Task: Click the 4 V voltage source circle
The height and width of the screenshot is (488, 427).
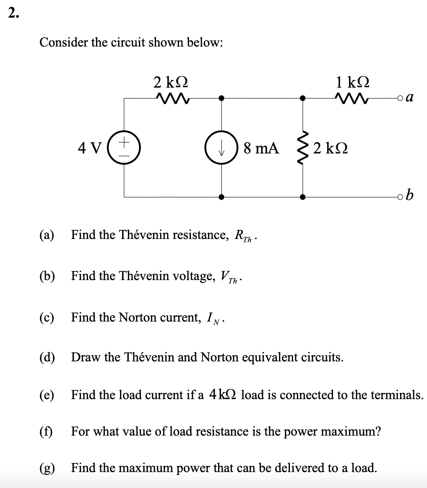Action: tap(125, 148)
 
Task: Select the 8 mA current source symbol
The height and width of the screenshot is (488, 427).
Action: tap(221, 148)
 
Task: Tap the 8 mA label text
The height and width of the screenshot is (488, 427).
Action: tap(260, 148)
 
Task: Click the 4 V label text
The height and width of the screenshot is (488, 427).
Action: tap(89, 148)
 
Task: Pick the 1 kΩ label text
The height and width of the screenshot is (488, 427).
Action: tap(352, 81)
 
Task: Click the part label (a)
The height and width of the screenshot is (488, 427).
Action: tap(47, 235)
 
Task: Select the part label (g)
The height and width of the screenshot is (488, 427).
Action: tap(47, 467)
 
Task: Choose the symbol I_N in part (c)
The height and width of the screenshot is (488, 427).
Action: tap(215, 318)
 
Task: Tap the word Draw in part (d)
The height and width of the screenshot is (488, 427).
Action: tap(86, 357)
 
